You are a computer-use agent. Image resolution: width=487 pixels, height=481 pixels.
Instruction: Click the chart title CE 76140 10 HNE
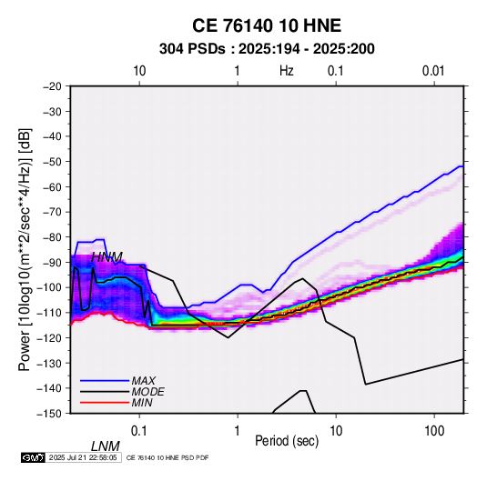click(x=267, y=25)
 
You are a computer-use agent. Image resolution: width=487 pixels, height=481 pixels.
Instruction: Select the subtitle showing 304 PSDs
click(x=267, y=49)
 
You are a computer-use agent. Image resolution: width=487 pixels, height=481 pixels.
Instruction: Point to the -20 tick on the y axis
click(x=52, y=86)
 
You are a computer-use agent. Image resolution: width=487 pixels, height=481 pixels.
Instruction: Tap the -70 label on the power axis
click(x=52, y=212)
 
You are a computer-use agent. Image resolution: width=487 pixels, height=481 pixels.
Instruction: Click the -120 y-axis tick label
click(x=49, y=338)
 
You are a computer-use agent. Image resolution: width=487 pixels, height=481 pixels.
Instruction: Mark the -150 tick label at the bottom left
click(x=49, y=414)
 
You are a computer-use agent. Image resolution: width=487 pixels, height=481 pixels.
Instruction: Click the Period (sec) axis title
click(x=287, y=441)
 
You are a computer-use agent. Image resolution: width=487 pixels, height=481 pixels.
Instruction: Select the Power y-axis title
click(x=25, y=250)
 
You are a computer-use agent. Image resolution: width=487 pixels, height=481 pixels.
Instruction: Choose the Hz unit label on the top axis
click(x=287, y=71)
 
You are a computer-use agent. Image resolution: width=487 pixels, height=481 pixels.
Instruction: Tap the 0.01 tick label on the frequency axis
click(x=433, y=71)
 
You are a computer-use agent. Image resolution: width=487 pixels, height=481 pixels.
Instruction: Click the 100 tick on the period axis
click(x=434, y=431)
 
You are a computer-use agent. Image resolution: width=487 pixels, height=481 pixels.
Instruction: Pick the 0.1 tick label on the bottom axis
click(x=139, y=431)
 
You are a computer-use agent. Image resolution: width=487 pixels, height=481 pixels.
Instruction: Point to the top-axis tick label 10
click(x=139, y=71)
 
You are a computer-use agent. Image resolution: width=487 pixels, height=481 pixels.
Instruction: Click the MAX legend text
click(x=143, y=381)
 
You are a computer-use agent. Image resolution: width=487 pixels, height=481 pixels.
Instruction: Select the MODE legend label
click(x=147, y=392)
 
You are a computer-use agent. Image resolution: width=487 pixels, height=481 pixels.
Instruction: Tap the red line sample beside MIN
click(x=105, y=403)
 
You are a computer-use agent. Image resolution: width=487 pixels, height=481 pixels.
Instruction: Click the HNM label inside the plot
click(x=107, y=257)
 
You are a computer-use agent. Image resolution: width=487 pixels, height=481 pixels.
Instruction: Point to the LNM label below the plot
click(x=106, y=446)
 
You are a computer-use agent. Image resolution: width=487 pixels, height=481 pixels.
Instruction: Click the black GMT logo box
click(x=33, y=457)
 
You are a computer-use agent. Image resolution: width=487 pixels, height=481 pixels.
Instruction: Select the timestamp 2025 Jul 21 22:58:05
click(x=83, y=457)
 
